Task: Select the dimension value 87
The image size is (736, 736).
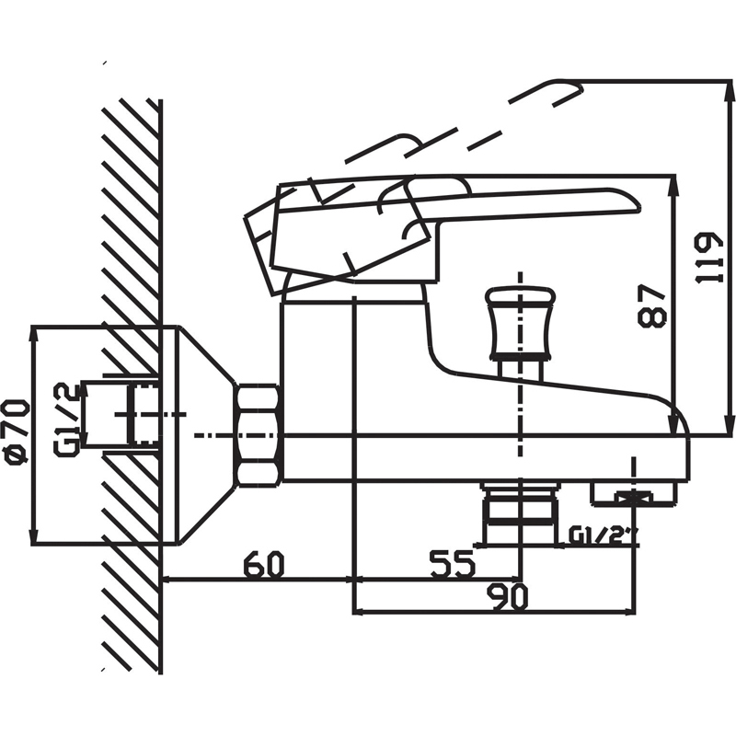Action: pyautogui.click(x=652, y=305)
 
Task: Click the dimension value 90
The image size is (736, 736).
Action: pyautogui.click(x=508, y=596)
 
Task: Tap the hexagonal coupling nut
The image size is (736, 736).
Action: pyautogui.click(x=259, y=434)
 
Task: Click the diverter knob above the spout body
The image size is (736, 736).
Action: pyautogui.click(x=520, y=324)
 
